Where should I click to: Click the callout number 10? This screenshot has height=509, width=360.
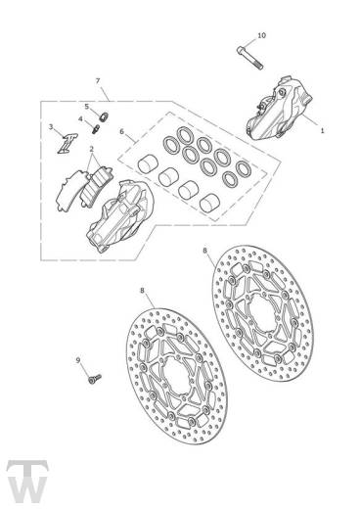tap(262, 35)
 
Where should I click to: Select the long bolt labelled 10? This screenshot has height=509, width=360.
tap(249, 58)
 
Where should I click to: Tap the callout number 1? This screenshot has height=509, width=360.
tap(322, 130)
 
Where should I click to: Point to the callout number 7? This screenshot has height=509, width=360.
tap(98, 81)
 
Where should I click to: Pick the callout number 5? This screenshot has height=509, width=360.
tap(87, 107)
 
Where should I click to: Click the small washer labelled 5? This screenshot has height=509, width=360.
tap(104, 116)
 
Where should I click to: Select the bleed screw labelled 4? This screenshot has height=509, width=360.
tap(95, 129)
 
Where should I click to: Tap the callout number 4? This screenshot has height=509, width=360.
tap(80, 119)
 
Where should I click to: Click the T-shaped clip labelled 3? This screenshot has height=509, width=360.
tap(67, 143)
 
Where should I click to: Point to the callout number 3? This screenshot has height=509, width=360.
tap(51, 126)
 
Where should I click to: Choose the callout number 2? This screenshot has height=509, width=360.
tap(92, 149)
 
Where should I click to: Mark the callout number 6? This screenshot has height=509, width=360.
tap(122, 131)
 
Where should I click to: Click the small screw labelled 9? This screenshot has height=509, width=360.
tap(95, 379)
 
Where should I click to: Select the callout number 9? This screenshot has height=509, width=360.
tap(78, 360)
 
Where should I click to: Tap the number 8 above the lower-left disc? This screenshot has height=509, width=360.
tap(142, 290)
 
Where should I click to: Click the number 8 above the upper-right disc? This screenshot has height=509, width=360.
tap(204, 251)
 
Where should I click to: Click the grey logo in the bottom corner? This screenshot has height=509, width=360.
tap(27, 484)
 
